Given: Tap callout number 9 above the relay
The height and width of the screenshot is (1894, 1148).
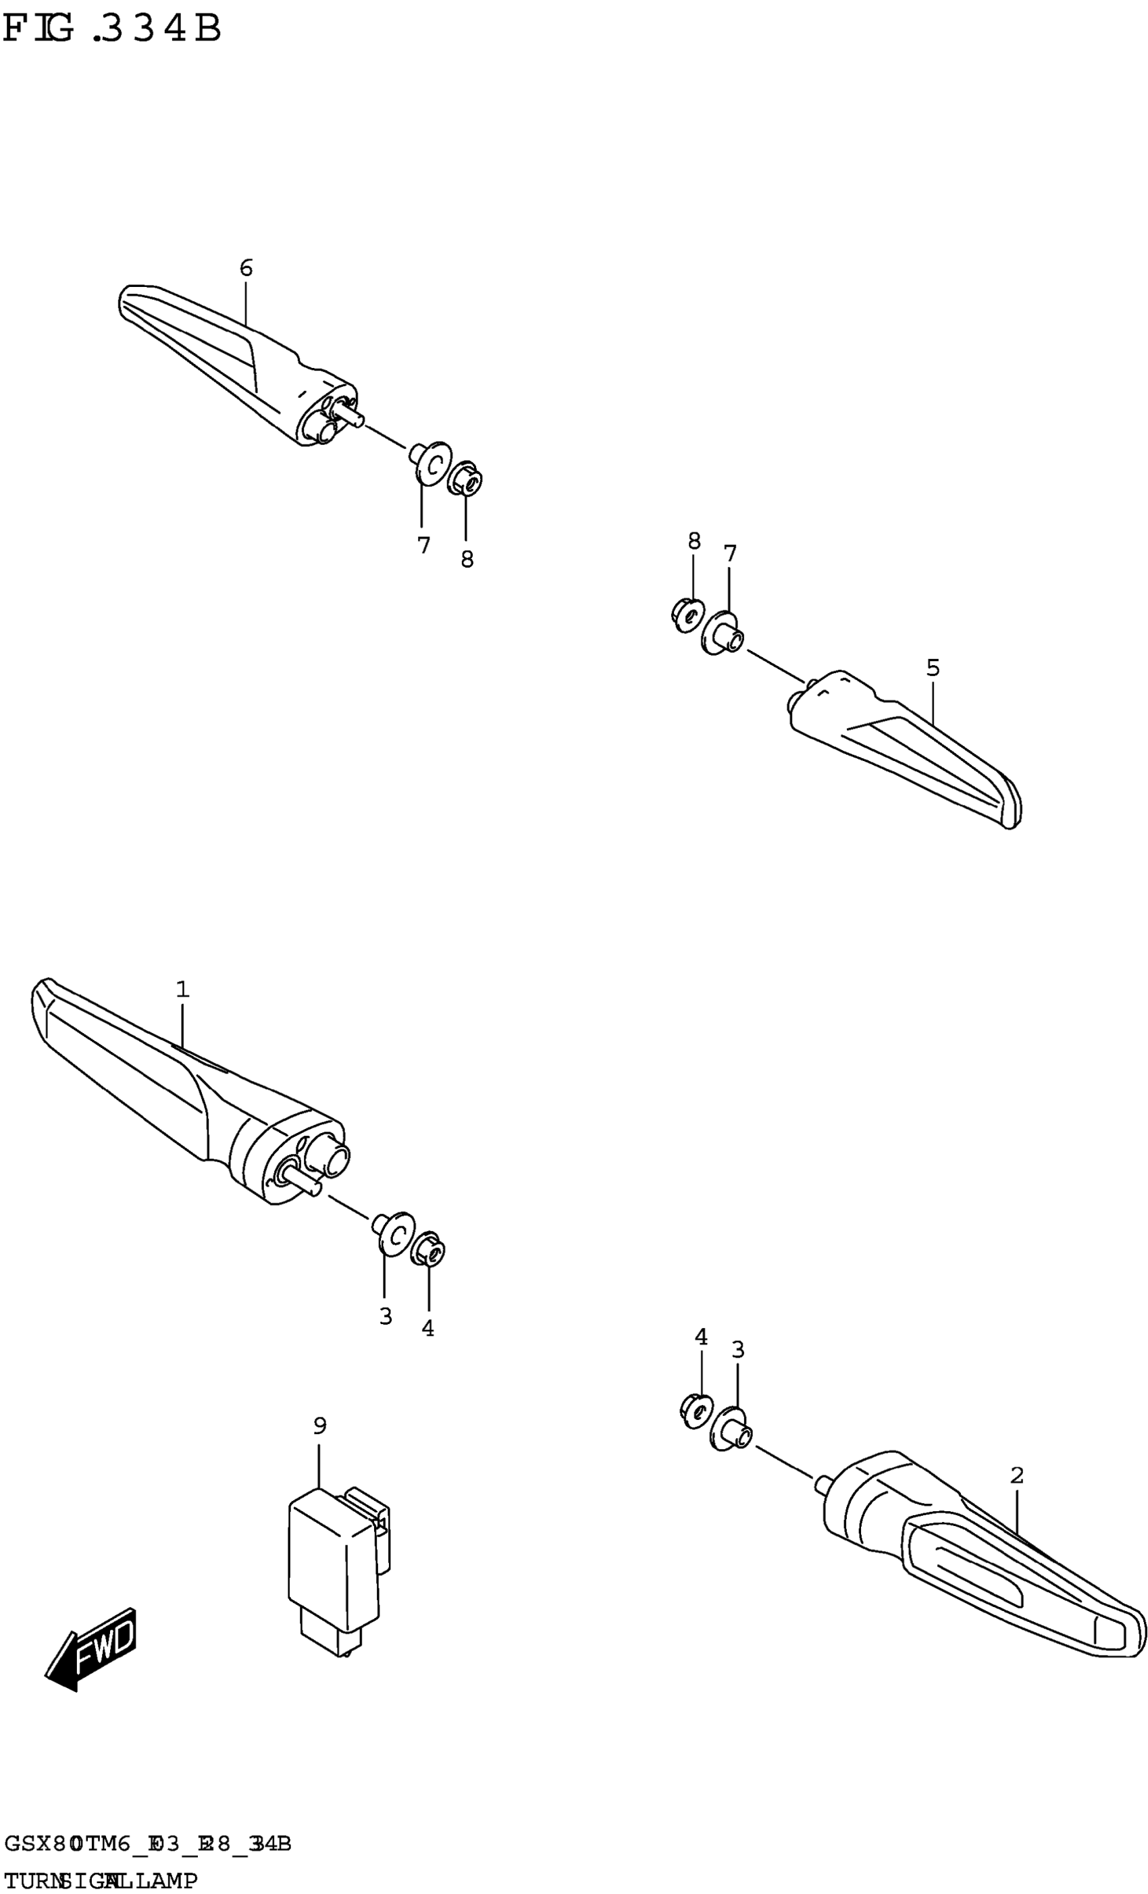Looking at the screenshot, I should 320,1427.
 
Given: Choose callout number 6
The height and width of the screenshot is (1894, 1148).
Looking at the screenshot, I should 246,268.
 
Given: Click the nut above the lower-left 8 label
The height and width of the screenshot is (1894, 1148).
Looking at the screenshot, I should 465,479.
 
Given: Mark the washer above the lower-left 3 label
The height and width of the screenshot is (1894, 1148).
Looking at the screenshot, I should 394,1232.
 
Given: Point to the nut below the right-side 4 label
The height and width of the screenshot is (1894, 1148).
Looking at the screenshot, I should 696,1409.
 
